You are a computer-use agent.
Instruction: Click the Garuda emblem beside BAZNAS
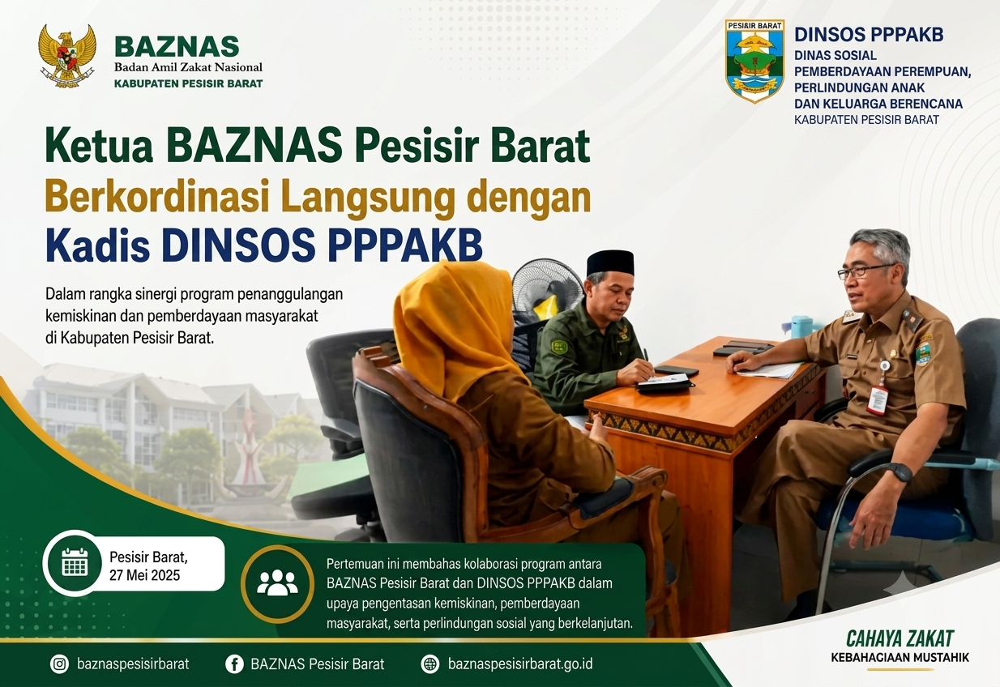(x=67, y=55)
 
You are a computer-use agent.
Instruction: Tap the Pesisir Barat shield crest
(x=754, y=61)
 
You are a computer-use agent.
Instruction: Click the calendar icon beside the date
(x=75, y=562)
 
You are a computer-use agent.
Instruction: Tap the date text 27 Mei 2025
(x=144, y=575)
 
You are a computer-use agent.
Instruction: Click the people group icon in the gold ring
(x=277, y=583)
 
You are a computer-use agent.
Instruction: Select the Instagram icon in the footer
(x=59, y=664)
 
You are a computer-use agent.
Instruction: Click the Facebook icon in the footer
(x=234, y=664)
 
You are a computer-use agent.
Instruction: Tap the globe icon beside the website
(x=430, y=664)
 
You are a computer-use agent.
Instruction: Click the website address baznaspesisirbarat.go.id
(x=520, y=664)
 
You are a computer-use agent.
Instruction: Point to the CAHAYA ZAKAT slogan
(x=900, y=638)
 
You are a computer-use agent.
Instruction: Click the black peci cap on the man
(x=610, y=263)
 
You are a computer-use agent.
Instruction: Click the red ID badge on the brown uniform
(x=878, y=400)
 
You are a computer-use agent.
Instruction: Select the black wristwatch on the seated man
(x=898, y=472)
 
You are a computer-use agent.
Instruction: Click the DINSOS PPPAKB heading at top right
(x=869, y=34)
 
